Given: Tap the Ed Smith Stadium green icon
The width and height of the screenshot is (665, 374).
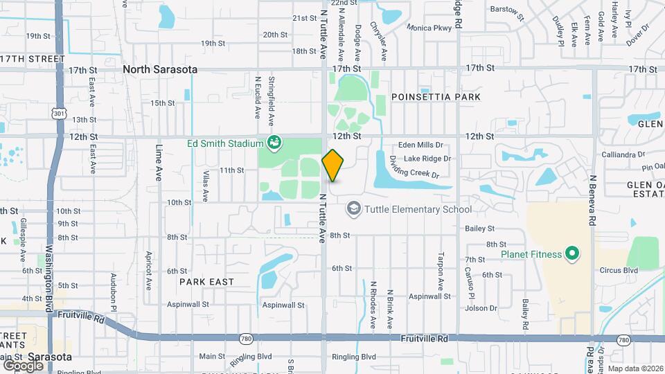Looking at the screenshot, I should click(x=274, y=143).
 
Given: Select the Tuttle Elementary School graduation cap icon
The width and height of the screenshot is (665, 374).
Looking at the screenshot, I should click(x=353, y=208).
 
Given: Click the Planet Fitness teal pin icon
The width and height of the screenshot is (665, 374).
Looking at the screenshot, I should click(x=571, y=254).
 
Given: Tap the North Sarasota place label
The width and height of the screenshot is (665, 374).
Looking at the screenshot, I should click(x=160, y=69).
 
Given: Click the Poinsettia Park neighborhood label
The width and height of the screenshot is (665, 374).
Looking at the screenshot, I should click(x=436, y=98).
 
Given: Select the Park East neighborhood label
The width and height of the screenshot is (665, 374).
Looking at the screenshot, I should click(x=206, y=282).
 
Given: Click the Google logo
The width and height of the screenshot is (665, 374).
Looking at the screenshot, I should click(x=24, y=365).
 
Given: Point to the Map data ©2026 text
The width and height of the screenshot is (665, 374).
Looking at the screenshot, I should click(x=635, y=368).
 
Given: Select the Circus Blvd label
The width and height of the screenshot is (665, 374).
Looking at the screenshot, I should click(x=619, y=271).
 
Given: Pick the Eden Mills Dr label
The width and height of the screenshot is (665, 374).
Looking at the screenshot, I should click(x=420, y=145).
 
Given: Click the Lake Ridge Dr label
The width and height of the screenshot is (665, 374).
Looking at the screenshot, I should click(x=427, y=159).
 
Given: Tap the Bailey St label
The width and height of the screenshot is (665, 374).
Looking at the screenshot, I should click(x=480, y=228).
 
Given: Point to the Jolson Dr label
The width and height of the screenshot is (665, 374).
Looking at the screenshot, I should click(x=481, y=308).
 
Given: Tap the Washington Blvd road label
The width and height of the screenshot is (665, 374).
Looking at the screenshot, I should click(x=48, y=270).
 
